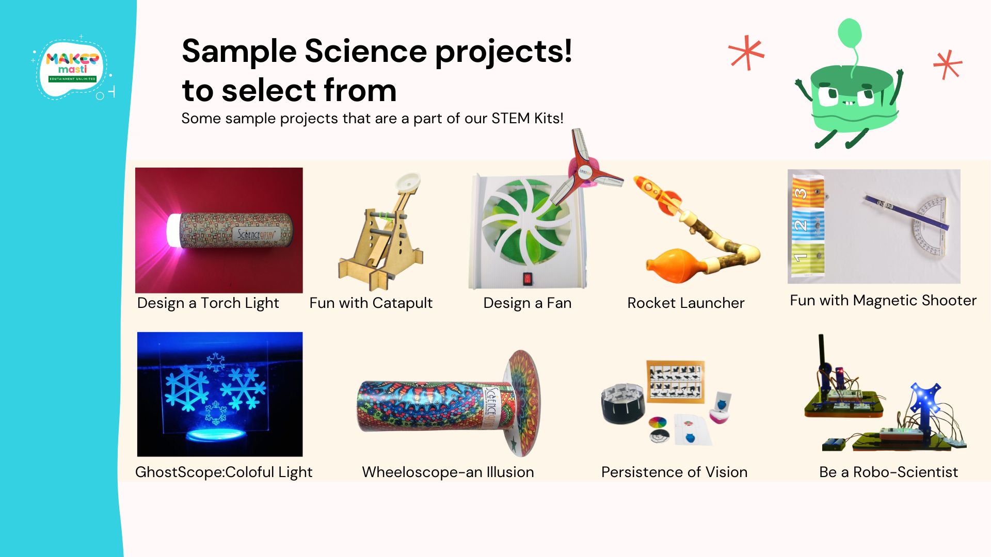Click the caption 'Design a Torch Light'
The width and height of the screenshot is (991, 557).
pos(208,303)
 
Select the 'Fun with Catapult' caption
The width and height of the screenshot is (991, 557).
pos(371,303)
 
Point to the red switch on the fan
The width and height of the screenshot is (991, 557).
pos(527,279)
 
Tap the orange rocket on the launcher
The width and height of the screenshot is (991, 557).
pos(657,195)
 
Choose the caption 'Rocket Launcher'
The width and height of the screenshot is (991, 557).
pos(685,303)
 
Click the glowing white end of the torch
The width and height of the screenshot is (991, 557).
pos(173,230)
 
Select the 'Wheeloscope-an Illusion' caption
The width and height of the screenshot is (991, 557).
pos(447,472)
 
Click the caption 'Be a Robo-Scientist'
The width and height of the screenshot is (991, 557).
pos(888,472)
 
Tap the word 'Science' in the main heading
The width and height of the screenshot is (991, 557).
pos(365,52)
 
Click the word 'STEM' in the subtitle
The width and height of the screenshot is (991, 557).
pos(510,119)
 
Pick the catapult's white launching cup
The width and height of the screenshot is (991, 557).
pos(408,183)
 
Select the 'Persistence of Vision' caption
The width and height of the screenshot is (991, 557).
pos(674,472)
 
